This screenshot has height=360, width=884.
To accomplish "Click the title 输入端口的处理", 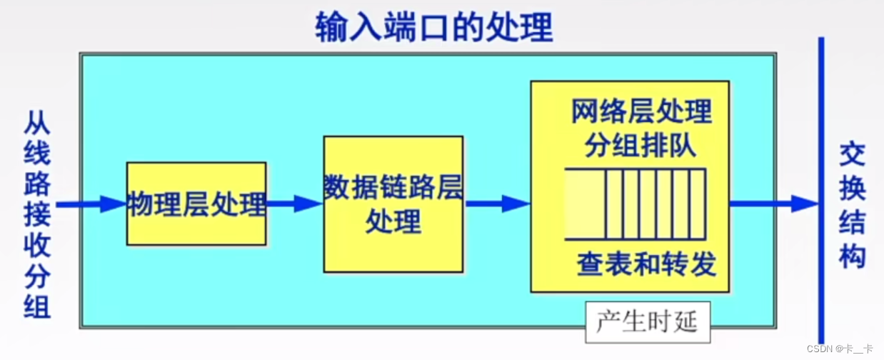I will click(x=434, y=27).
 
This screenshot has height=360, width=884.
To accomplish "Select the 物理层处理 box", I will click(x=196, y=204).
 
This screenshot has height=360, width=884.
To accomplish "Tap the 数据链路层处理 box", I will click(x=393, y=204).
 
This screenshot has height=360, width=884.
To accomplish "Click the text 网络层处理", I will click(x=641, y=112).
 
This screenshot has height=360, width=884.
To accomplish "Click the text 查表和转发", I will click(x=646, y=265).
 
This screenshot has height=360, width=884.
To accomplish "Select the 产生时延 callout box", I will click(x=646, y=322).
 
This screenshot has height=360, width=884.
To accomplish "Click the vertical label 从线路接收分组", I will click(x=37, y=214).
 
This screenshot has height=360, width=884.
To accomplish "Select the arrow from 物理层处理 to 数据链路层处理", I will click(x=294, y=204).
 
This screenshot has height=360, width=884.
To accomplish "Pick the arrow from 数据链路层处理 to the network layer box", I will click(x=497, y=204).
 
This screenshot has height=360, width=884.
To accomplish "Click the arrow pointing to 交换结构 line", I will click(x=775, y=204).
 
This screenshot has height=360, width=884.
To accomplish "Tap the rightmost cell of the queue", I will click(x=697, y=204).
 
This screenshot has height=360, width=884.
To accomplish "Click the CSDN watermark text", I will click(x=840, y=349).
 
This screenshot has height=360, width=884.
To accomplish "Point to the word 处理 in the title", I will click(x=527, y=27).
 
